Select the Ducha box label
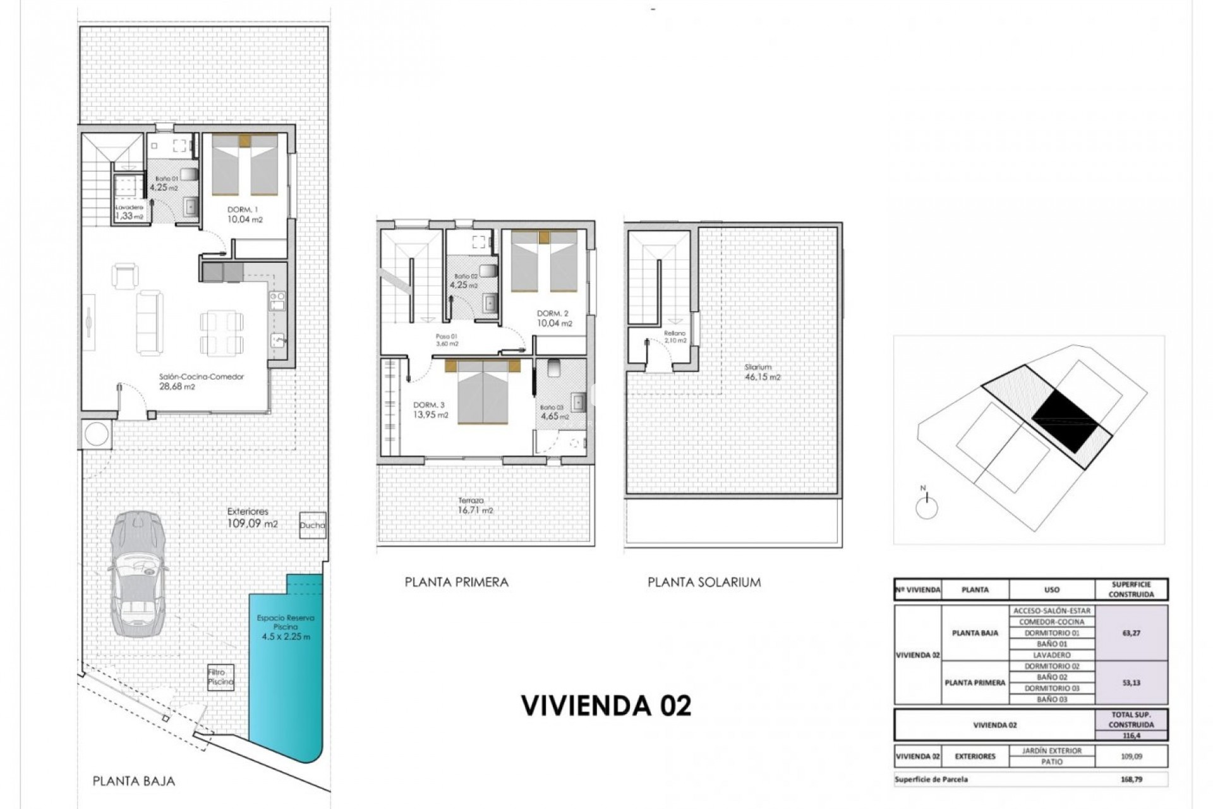313,525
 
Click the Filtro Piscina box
220,678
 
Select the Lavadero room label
129,207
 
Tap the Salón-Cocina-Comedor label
202,377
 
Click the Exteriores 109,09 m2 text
251,518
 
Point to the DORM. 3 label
429,405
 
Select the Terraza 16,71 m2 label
475,505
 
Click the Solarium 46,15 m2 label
761,372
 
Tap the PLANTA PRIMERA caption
456,582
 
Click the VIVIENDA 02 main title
606,705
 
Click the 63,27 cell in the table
1131,633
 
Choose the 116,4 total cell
1131,735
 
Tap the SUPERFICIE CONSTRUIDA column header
1131,590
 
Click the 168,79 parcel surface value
1131,779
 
